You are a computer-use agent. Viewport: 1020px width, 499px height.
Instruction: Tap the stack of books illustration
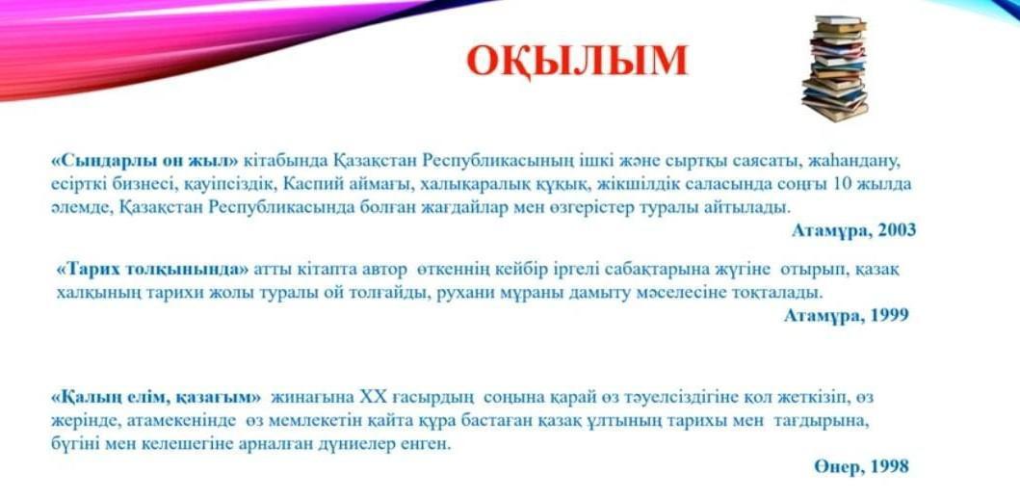click(x=835, y=68)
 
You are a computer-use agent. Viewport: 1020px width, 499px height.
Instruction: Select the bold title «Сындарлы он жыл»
click(x=145, y=160)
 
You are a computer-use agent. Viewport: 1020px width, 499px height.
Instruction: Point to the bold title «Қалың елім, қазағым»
click(x=156, y=396)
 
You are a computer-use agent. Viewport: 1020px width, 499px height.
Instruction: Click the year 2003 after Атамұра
click(x=897, y=229)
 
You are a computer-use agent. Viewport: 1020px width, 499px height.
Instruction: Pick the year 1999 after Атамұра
click(x=889, y=315)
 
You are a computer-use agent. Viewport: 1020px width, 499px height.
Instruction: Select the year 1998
click(x=889, y=466)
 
